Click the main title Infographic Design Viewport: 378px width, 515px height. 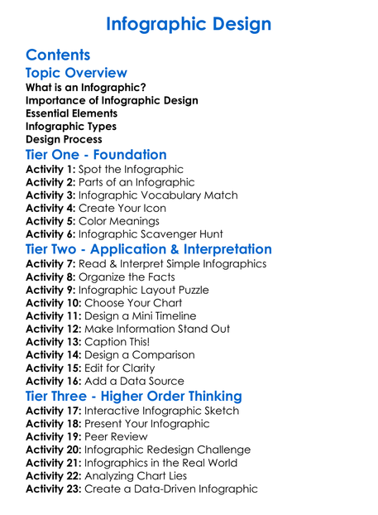coord(189,23)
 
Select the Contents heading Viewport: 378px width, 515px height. coord(58,55)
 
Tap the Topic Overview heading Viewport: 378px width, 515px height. coord(77,74)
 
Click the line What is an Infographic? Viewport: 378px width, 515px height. coord(86,87)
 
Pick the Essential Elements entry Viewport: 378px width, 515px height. coord(71,113)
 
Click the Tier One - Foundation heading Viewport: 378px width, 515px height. coord(96,155)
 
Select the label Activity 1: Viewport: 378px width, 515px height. coord(50,169)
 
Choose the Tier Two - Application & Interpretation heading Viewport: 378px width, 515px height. coord(149,249)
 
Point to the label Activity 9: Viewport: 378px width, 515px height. coord(50,290)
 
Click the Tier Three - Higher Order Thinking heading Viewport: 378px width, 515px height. coord(134,396)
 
